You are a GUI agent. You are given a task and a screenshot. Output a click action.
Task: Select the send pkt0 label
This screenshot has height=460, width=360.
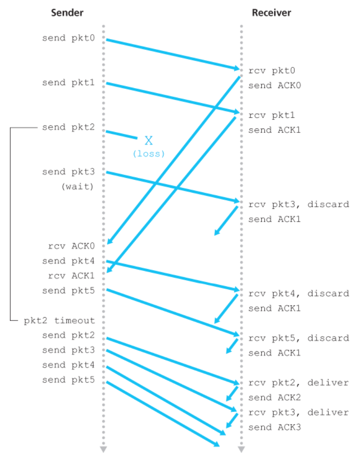(69, 38)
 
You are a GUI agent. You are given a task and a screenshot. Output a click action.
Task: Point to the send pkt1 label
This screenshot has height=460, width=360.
(69, 83)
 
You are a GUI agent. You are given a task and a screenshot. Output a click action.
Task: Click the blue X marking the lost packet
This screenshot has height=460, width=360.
(149, 141)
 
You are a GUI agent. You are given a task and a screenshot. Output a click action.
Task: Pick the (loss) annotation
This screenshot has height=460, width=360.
(149, 154)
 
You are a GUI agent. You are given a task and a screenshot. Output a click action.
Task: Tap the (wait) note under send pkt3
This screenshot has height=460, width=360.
(77, 186)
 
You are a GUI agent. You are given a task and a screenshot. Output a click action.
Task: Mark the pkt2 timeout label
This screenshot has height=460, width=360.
(59, 321)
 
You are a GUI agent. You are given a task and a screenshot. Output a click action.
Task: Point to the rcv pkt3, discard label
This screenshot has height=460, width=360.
(299, 204)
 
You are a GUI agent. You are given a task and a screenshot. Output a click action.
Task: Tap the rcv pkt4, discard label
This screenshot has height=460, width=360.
(299, 294)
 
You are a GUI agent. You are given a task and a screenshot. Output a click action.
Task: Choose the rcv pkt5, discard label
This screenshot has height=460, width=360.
(299, 338)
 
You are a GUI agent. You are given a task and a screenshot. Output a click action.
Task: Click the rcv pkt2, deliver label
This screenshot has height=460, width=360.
(299, 383)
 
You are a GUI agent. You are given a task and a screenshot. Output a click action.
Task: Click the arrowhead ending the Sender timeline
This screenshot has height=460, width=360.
(103, 449)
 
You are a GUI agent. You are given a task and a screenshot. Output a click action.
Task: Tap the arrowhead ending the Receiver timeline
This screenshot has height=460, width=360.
(241, 449)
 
